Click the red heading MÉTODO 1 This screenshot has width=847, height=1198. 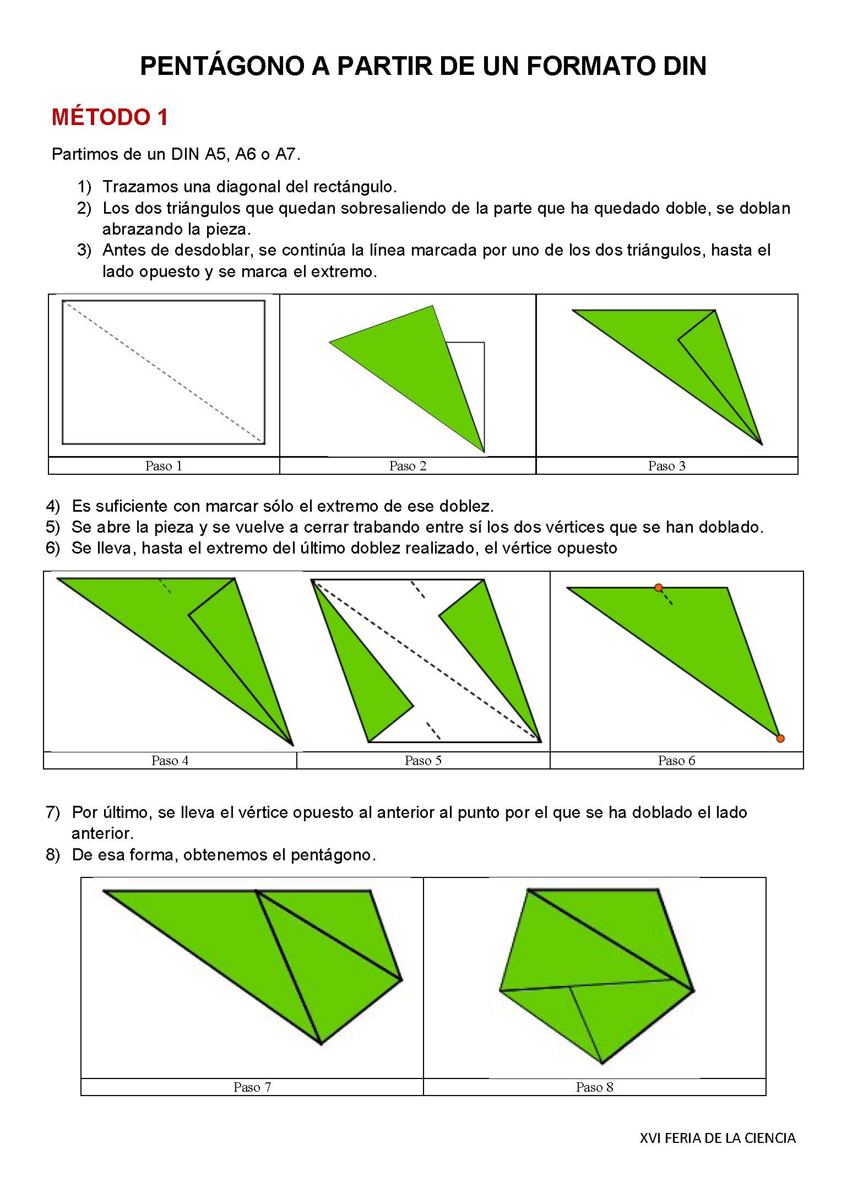pyautogui.click(x=110, y=117)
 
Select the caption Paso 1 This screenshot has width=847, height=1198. pyautogui.click(x=164, y=466)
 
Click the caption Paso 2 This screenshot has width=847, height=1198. pyautogui.click(x=408, y=466)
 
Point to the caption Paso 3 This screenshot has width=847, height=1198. pyautogui.click(x=666, y=466)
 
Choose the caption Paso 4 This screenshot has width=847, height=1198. pyautogui.click(x=170, y=761)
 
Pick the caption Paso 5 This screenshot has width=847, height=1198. pyautogui.click(x=423, y=761)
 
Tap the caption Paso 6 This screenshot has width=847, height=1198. pyautogui.click(x=676, y=761)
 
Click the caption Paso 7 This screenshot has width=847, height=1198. pyautogui.click(x=252, y=1087)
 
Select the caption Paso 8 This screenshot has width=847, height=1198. pyautogui.click(x=594, y=1087)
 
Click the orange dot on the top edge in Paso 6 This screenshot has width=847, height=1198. pyautogui.click(x=658, y=588)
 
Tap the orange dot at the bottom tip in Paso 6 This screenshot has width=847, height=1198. pyautogui.click(x=780, y=739)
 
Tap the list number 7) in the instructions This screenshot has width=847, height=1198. pyautogui.click(x=52, y=812)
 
